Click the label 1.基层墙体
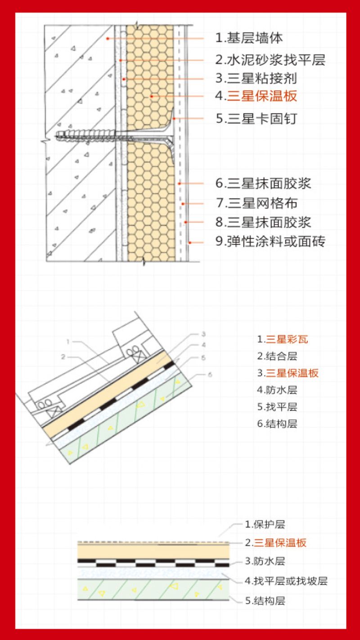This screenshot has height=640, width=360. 249,38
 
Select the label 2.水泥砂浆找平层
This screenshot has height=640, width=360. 270,60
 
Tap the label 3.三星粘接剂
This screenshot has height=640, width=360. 256,78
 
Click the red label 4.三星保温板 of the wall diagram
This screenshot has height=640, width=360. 256,96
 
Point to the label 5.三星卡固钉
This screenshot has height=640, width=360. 256,118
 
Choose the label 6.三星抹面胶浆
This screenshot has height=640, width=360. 263,183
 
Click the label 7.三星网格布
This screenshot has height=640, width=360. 256,203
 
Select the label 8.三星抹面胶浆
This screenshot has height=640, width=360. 263,222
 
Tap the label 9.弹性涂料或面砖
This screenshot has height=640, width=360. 270,241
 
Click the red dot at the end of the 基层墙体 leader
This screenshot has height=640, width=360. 108,38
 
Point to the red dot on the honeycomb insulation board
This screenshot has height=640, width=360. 152,96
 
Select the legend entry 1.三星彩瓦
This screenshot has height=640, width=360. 282,339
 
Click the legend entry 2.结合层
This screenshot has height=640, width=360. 277,356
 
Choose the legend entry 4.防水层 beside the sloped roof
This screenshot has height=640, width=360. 277,390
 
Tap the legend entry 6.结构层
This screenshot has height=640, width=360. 277,424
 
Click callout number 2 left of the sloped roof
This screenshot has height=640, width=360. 63,357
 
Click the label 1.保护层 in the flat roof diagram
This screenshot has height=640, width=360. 265,524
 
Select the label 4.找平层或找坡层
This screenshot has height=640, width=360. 286,581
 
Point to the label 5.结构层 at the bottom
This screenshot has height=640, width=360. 265,601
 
